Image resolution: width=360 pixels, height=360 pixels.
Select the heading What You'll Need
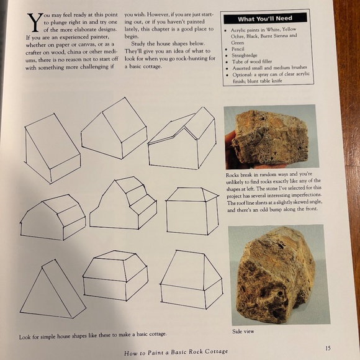tap(265, 19)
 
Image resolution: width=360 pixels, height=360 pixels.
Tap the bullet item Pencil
tap(238, 48)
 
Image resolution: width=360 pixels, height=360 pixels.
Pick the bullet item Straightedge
tap(243, 55)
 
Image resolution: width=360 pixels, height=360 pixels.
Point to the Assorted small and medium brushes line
tap(266, 68)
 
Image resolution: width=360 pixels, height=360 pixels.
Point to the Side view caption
tap(243, 331)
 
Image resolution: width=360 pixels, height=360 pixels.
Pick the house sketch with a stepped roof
tap(125, 203)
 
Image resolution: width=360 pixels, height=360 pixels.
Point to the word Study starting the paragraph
tap(140, 43)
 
